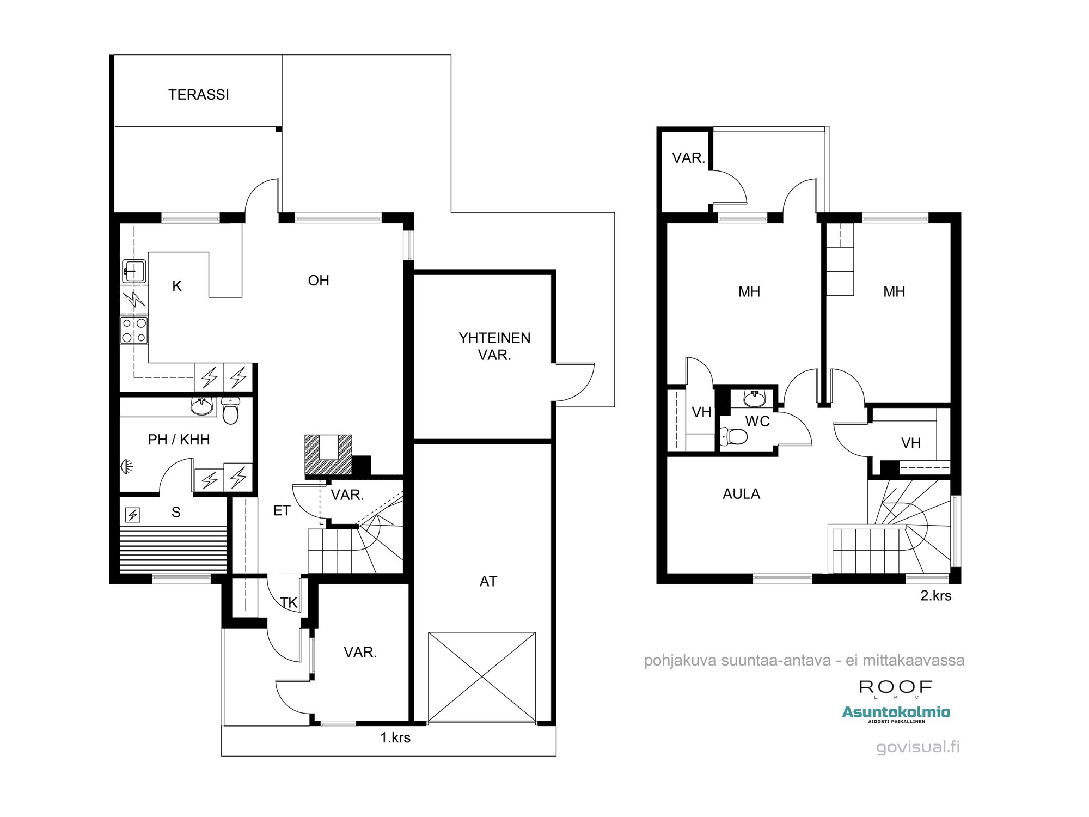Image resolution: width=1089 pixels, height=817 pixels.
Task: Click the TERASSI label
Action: (x=198, y=95)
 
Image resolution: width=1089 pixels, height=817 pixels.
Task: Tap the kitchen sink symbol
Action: (x=134, y=271)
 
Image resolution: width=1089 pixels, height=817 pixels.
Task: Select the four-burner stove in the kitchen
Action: (x=134, y=330)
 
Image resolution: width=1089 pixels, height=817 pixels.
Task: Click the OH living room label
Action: (x=319, y=281)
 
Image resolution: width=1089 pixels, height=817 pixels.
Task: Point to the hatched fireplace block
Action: (x=328, y=455)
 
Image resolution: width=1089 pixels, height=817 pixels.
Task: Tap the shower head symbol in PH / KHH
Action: (x=126, y=466)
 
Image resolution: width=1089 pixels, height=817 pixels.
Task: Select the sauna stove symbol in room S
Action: (x=133, y=514)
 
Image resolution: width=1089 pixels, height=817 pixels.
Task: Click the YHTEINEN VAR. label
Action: (x=494, y=346)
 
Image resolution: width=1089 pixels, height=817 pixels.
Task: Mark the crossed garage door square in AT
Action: (x=482, y=676)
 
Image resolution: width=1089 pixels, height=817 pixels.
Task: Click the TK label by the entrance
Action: (x=289, y=602)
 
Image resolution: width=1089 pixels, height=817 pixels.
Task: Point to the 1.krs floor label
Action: (x=395, y=737)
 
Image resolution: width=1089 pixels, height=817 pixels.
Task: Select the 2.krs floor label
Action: (x=935, y=595)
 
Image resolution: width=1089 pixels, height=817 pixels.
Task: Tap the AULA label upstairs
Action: (x=741, y=494)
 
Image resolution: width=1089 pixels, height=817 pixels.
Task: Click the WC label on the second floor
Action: (x=757, y=422)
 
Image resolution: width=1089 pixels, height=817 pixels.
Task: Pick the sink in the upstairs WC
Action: (x=755, y=398)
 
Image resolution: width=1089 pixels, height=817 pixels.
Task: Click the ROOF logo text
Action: (x=896, y=687)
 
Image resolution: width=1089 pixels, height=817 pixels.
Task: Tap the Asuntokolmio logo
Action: (x=896, y=712)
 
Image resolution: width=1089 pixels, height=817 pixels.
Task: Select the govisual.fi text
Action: (x=918, y=747)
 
